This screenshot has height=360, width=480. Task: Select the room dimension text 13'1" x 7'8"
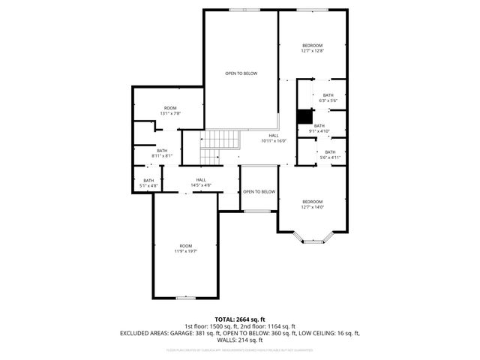pos(169,111)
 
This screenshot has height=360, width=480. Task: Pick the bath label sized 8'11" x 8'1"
pos(162,153)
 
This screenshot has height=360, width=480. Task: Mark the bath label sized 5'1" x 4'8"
pos(148,182)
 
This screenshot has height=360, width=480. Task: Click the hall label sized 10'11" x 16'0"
pos(274,138)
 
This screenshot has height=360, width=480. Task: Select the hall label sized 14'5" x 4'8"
pos(201,182)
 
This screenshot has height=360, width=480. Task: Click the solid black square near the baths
pos(304,117)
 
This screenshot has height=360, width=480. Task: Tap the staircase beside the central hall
pos(221,139)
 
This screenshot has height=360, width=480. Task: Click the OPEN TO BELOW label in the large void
pos(241,73)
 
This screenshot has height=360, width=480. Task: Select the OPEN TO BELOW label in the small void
pos(259,192)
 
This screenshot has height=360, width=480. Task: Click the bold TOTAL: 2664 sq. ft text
pos(240,319)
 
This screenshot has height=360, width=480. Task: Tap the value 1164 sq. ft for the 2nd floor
pos(278,326)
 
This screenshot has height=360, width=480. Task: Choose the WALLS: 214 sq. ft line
pos(240,340)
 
